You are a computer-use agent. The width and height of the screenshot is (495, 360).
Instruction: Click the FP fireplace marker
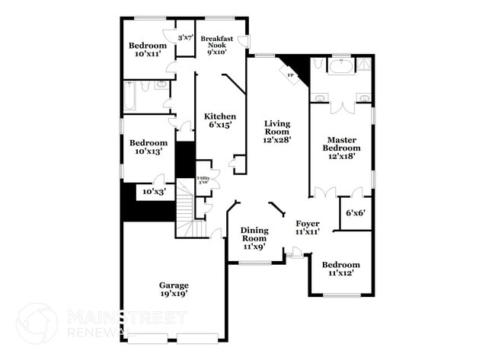tap(291, 75)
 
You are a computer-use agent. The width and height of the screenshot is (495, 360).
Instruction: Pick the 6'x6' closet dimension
tap(355, 213)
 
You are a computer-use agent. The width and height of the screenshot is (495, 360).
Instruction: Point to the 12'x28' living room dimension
tap(278, 139)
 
